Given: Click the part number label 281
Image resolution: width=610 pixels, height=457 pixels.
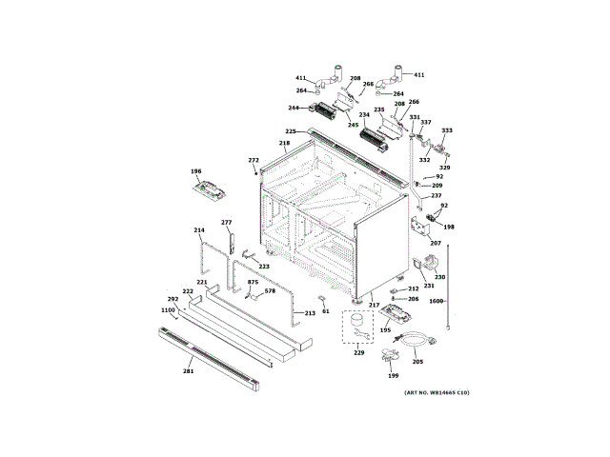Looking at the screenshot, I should click(x=188, y=371).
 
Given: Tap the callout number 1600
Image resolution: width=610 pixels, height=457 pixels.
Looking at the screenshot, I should click(x=437, y=301).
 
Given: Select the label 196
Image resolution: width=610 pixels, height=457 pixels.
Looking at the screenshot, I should click(x=196, y=171).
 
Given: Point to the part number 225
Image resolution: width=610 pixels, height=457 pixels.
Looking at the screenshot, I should click(x=291, y=130).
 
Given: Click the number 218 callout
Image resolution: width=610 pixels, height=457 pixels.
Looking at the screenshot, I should click(x=284, y=144).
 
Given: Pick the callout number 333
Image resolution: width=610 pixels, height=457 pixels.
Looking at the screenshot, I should click(x=447, y=130).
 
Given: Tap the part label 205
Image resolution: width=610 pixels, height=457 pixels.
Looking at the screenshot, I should click(x=417, y=361).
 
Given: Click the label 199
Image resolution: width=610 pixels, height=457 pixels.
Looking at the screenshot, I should click(x=393, y=376).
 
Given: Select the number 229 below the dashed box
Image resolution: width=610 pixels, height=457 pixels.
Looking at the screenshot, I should click(x=358, y=352).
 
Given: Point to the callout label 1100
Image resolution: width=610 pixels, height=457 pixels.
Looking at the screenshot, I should click(x=168, y=309).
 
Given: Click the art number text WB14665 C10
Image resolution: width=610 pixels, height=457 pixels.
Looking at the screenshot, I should click(x=436, y=393).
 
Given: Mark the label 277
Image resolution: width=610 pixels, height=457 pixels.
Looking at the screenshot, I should click(x=227, y=222).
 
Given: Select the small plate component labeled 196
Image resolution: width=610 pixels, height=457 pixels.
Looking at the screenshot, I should click(x=212, y=190).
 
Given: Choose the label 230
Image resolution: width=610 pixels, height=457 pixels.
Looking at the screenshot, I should click(x=440, y=277).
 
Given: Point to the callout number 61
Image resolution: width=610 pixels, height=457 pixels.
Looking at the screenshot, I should click(x=324, y=310).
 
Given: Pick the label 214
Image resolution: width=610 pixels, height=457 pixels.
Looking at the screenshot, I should click(x=199, y=230).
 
